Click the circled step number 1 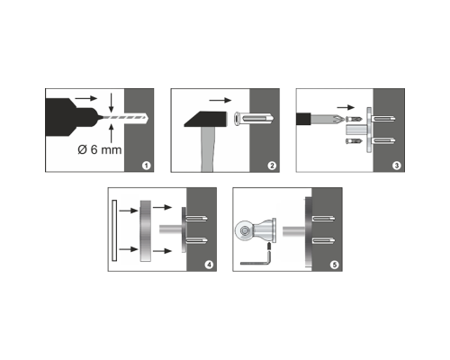coord(146,166)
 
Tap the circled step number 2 coord(272,166)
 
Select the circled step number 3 coord(397,166)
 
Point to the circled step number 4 coord(209,265)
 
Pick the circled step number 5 coord(334,265)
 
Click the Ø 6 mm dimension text coord(100,149)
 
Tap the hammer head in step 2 coord(205,119)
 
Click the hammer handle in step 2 coord(207,149)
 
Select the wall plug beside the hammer coord(254,120)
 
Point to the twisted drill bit coord(124,117)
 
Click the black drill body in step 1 coord(71,117)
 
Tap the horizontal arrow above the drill coord(86,98)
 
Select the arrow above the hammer coord(220,100)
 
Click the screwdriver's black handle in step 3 coord(303,119)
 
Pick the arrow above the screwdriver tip coord(346,107)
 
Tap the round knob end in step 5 coord(244,231)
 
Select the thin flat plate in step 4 coord(114,230)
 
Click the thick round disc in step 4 coord(146,230)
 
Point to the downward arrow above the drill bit coord(112,103)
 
